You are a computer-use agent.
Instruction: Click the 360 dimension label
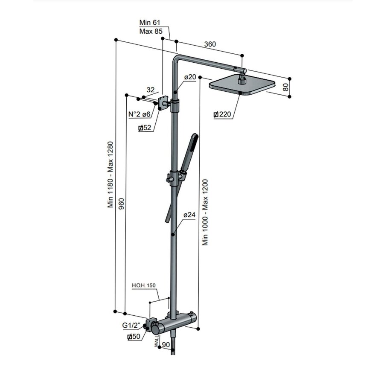point(210,44)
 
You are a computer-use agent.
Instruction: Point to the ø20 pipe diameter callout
point(190,77)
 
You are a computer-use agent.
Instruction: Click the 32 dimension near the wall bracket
point(150,90)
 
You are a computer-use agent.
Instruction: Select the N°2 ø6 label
point(140,114)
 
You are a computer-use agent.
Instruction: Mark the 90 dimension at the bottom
point(166,344)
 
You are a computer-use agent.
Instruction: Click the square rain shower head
point(241,85)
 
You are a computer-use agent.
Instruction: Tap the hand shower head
point(188,151)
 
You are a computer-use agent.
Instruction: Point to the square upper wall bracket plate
point(162,103)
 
